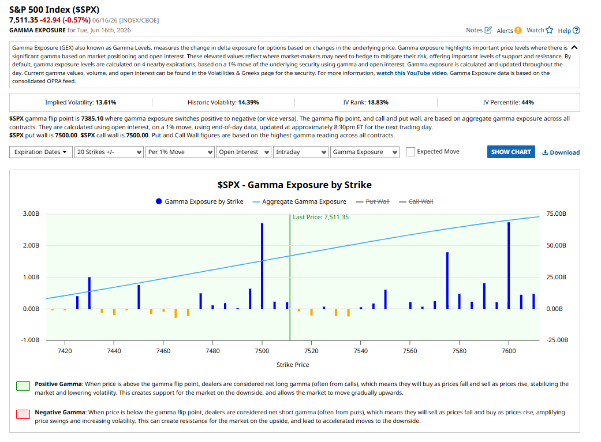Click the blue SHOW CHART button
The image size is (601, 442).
tap(511, 152)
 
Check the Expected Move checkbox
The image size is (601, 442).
tap(410, 152)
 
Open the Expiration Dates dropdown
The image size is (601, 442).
tap(40, 152)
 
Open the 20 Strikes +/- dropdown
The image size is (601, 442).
tap(109, 152)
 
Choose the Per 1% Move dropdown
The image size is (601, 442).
tap(180, 152)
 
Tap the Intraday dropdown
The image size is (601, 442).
tap(300, 152)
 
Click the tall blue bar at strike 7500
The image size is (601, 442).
tap(262, 266)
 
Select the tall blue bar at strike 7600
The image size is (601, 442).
tap(509, 265)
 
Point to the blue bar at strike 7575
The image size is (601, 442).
tap(447, 280)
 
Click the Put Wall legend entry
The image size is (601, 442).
tap(372, 201)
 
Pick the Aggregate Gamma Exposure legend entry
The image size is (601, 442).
tap(300, 201)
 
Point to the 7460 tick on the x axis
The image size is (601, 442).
tap(163, 351)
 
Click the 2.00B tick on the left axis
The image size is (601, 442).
tap(31, 245)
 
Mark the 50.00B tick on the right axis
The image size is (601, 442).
tap(556, 245)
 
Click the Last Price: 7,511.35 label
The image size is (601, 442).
tap(321, 217)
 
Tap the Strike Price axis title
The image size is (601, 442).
tap(293, 365)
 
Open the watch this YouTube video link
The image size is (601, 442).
tap(412, 73)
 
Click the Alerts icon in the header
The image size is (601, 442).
tap(518, 31)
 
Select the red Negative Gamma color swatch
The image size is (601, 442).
tap(23, 414)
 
